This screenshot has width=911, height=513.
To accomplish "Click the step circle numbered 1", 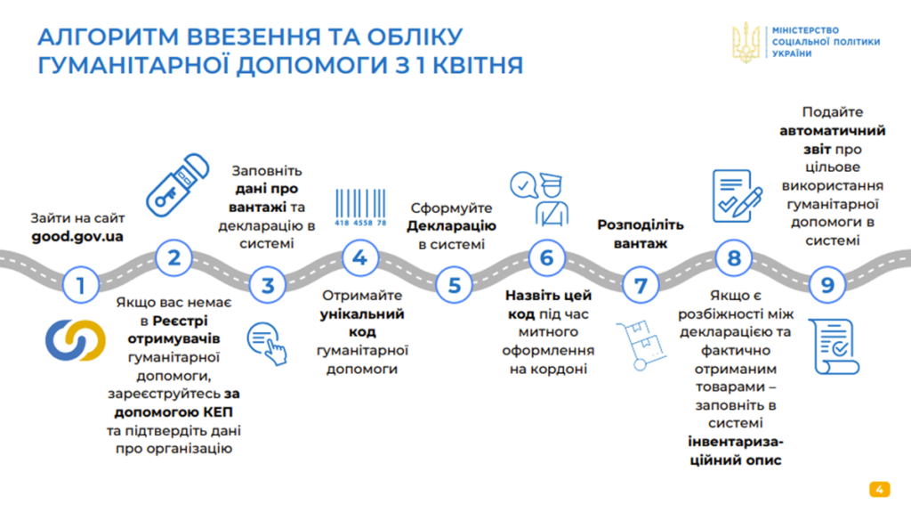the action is pyautogui.click(x=81, y=285).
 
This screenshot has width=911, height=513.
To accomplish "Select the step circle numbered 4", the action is pyautogui.click(x=360, y=257).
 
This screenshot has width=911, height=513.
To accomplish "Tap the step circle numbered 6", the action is pyautogui.click(x=547, y=257).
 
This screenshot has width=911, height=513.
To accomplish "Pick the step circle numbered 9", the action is pyautogui.click(x=827, y=285).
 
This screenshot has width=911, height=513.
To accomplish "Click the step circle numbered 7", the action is pyautogui.click(x=641, y=285).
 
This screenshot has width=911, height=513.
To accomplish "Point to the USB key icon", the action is pyautogui.click(x=177, y=185).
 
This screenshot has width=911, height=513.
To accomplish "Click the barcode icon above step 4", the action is pyautogui.click(x=360, y=207).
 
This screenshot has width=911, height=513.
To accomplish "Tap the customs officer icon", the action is pyautogui.click(x=540, y=199).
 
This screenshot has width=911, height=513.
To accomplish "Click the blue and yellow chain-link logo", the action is pyautogui.click(x=76, y=339).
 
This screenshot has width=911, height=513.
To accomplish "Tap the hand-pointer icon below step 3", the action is pyautogui.click(x=267, y=344).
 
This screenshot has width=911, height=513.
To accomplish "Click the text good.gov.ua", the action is pyautogui.click(x=77, y=237).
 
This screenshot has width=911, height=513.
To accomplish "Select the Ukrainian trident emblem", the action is pyautogui.click(x=746, y=42).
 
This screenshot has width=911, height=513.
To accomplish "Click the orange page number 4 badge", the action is pyautogui.click(x=880, y=489).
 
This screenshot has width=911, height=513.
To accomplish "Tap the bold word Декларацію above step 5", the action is pyautogui.click(x=451, y=225).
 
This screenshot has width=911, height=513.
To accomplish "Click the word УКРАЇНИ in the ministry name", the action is pyautogui.click(x=792, y=53).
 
